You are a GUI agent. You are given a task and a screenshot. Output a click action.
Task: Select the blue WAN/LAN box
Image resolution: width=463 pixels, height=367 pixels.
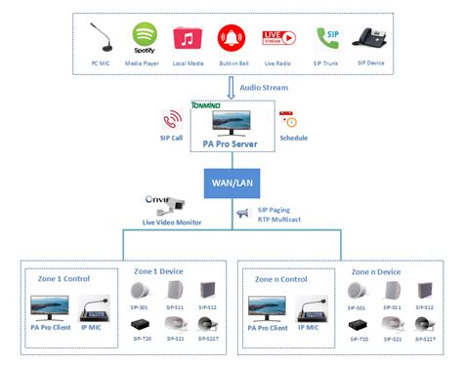(231, 182)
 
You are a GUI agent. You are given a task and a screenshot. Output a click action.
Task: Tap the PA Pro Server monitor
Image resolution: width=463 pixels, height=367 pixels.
(231, 122)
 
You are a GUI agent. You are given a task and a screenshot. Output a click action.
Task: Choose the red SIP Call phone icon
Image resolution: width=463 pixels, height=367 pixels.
(173, 120)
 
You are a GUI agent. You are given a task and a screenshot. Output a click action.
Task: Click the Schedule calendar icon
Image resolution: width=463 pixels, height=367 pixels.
(288, 121)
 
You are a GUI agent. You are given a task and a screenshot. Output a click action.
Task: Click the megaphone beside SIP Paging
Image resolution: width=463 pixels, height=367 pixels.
(243, 213)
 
